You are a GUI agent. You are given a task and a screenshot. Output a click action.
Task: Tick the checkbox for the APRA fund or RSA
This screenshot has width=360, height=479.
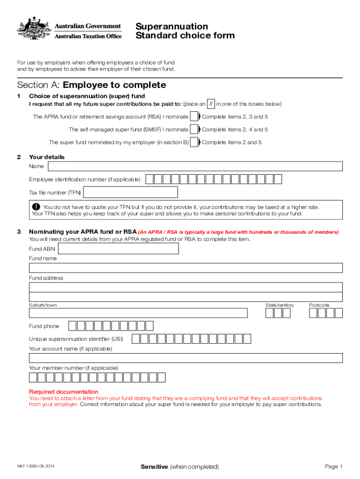click(x=194, y=116)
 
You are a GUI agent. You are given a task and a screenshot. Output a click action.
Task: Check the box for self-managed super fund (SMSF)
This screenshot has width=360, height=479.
click(x=194, y=130)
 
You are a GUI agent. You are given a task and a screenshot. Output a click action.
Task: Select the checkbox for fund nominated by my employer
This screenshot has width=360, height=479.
click(x=194, y=142)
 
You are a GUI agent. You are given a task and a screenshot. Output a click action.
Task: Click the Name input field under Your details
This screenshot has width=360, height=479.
click(x=195, y=166)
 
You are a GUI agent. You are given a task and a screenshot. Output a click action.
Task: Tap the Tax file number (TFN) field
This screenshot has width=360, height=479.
click(x=130, y=192)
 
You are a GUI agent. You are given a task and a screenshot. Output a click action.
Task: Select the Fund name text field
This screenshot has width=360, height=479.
click(x=186, y=268)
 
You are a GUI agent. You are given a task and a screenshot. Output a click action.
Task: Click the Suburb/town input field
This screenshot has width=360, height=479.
click(x=138, y=313)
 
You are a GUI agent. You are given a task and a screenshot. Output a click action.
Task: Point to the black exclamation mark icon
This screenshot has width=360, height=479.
click(x=36, y=207)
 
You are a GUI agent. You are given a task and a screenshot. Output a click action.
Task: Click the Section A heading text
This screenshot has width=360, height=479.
click(x=91, y=85)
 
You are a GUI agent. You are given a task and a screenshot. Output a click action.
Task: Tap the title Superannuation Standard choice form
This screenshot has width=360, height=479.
click(x=185, y=31)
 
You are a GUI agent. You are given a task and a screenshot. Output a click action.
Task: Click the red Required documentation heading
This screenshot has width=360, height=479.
click(x=64, y=392)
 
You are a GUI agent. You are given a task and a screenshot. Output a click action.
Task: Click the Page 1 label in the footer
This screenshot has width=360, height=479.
click(x=334, y=466)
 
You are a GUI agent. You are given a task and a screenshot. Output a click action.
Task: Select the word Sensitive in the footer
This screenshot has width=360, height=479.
click(x=154, y=466)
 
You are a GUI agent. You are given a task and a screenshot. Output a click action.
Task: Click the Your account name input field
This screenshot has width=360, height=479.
click(x=186, y=358)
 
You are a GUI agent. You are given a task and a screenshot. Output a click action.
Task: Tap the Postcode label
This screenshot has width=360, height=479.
click(x=319, y=305)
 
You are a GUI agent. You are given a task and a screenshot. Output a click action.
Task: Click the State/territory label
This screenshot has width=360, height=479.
click(x=280, y=305)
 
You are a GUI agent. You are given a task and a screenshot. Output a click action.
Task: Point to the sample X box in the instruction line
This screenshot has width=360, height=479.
click(x=211, y=103)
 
